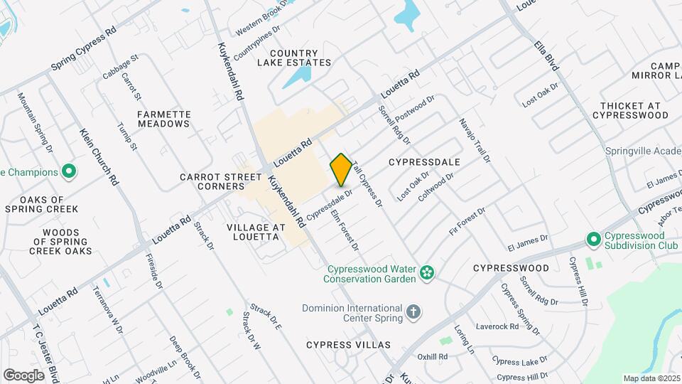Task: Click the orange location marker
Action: pos(341,169)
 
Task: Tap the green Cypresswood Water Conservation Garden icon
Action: pos(426,272)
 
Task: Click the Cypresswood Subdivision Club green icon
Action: pos(593,239)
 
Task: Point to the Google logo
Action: pos(23,375)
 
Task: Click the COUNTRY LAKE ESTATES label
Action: pos(301,58)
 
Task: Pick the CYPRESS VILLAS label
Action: pos(349,345)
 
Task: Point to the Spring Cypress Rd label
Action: pos(83,50)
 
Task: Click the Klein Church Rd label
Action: pos(99,156)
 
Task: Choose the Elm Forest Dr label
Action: pos(345,228)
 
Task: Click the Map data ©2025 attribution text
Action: pos(651,378)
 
